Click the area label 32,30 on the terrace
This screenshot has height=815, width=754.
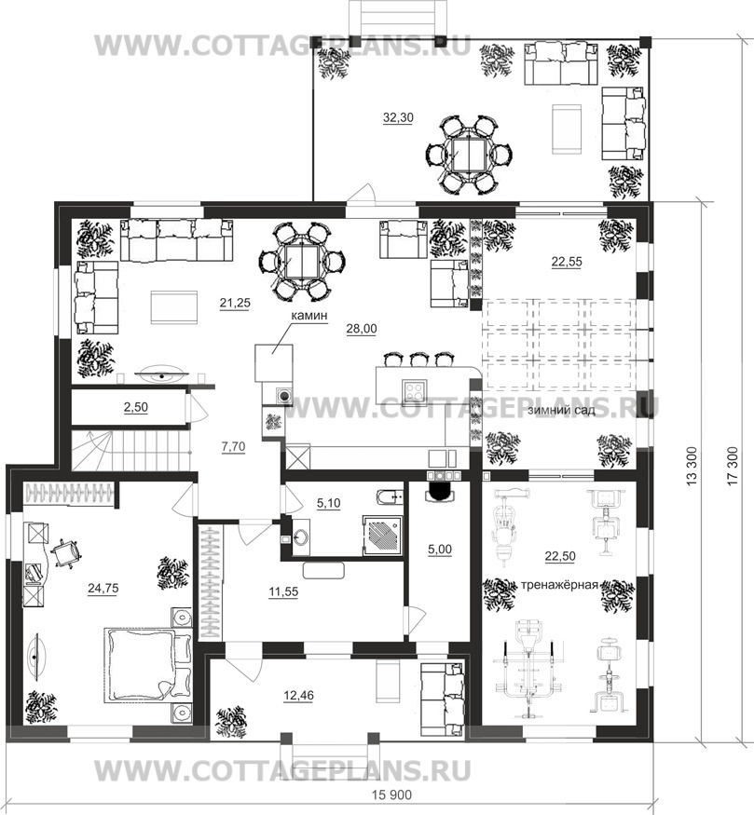(x=398, y=118)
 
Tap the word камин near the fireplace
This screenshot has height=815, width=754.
(x=308, y=315)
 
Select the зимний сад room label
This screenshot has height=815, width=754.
(x=561, y=410)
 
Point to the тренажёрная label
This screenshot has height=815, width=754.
(x=559, y=584)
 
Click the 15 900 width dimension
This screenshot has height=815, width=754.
(x=392, y=795)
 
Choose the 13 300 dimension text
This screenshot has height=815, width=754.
(x=691, y=467)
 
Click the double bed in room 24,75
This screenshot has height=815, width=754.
(x=147, y=665)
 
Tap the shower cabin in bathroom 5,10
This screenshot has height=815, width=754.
(x=382, y=536)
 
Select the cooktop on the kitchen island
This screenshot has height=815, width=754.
(x=415, y=388)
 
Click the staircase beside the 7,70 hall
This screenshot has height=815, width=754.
(x=130, y=449)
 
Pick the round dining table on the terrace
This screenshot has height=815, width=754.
(x=469, y=155)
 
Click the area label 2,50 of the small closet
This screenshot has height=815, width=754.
(x=136, y=407)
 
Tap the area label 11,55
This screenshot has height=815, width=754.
(x=283, y=591)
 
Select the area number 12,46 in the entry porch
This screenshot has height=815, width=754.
(x=299, y=695)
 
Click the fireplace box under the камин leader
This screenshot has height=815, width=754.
(x=273, y=362)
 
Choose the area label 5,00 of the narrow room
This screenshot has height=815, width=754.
(x=440, y=549)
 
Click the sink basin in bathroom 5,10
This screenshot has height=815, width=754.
(x=300, y=536)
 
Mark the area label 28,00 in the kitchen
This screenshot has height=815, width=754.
(x=362, y=329)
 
